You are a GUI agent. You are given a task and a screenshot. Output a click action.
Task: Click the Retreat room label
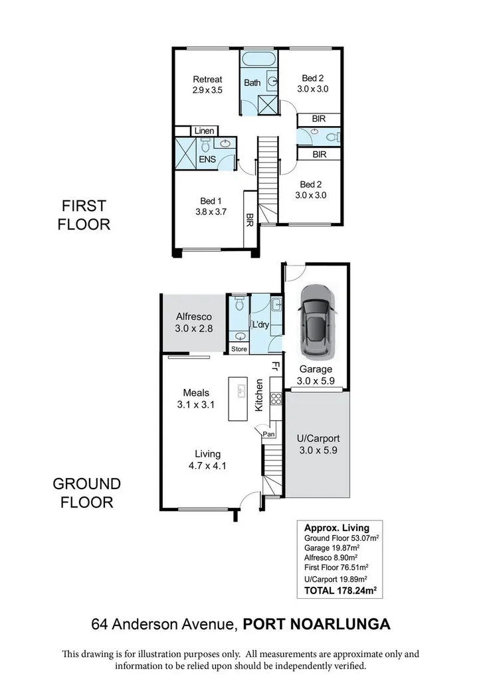coord(207,80)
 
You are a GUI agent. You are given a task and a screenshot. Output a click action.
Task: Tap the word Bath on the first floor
coord(252,83)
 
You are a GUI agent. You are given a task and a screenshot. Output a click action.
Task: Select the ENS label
coord(207,160)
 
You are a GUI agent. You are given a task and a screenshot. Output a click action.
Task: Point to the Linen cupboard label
coord(204,131)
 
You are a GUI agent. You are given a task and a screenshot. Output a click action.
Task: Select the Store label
coord(239,349)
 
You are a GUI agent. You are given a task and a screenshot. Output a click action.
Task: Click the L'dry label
coord(259,325)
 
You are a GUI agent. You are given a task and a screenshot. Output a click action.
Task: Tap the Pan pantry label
coord(269,434)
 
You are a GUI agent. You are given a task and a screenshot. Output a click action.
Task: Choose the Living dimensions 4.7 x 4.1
coord(207,465)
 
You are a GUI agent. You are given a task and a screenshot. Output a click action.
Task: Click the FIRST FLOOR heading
coord(84,215)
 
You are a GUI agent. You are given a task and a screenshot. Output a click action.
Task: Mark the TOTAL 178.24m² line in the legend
coord(341,589)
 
